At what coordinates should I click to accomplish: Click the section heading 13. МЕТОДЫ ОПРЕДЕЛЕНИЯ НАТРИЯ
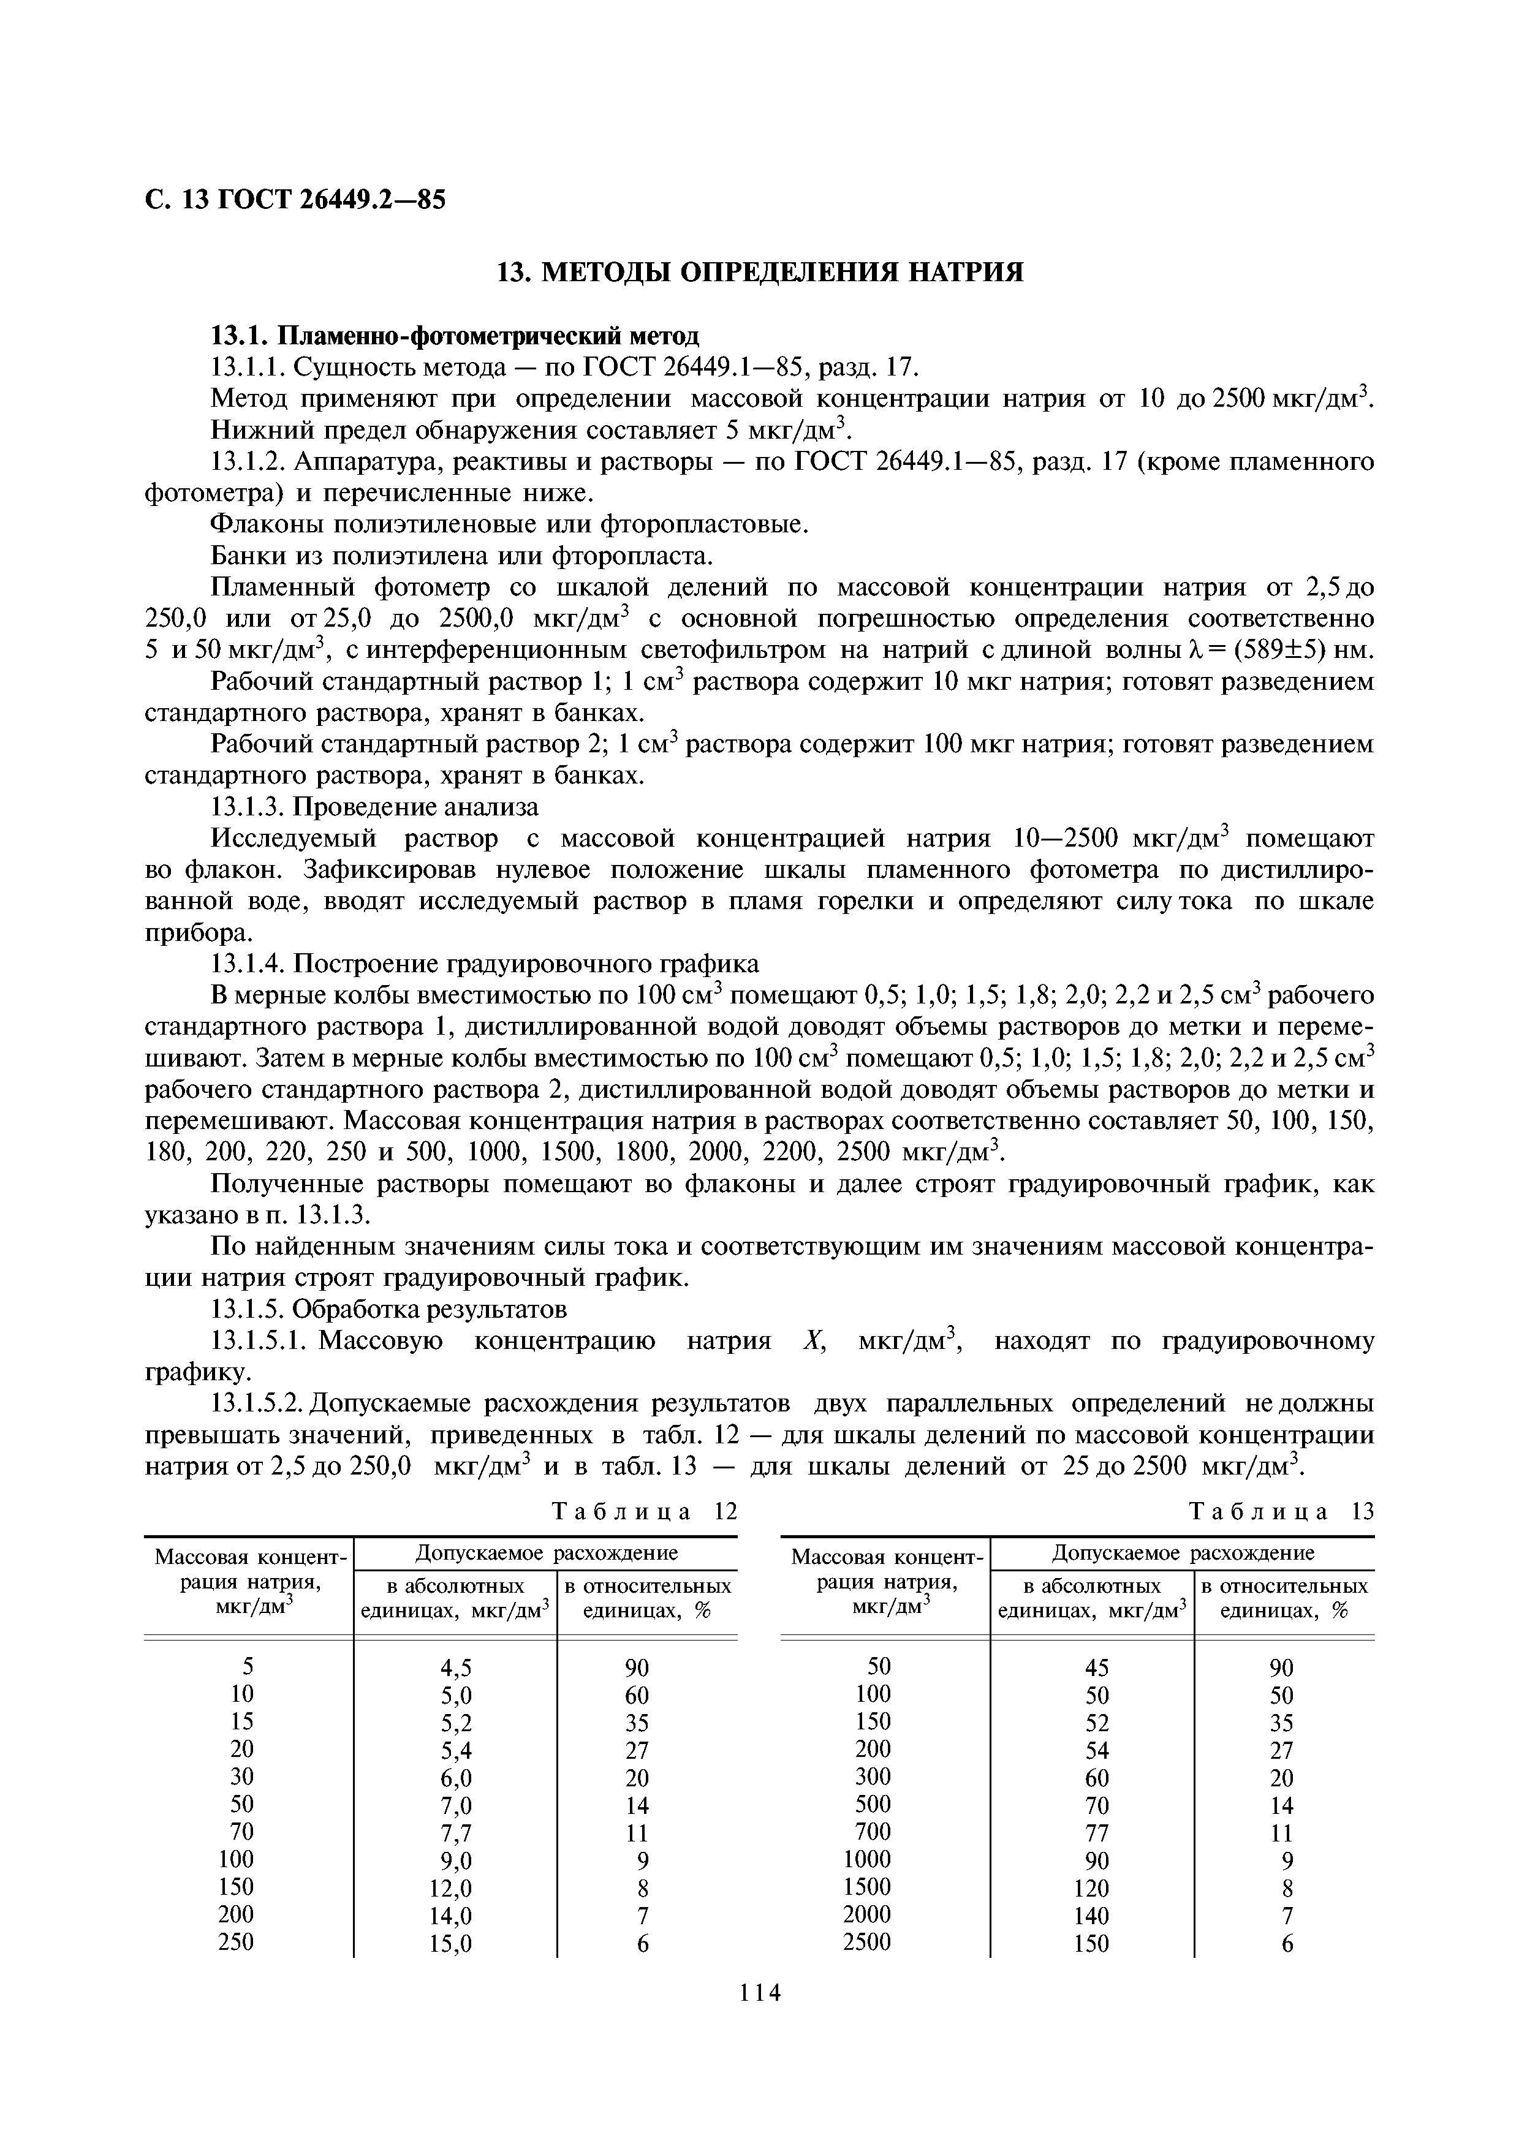click(x=759, y=273)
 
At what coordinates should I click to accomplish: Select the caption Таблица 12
click(x=644, y=1512)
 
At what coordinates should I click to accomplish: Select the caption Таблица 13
click(x=1281, y=1512)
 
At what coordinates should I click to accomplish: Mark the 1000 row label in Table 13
click(x=866, y=1859)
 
